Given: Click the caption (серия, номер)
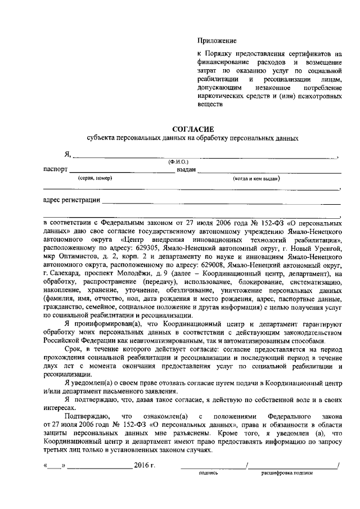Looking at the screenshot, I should pyautogui.click(x=95, y=178).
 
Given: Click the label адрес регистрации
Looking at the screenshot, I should pyautogui.click(x=71, y=200).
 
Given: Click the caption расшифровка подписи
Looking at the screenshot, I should pyautogui.click(x=287, y=474).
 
